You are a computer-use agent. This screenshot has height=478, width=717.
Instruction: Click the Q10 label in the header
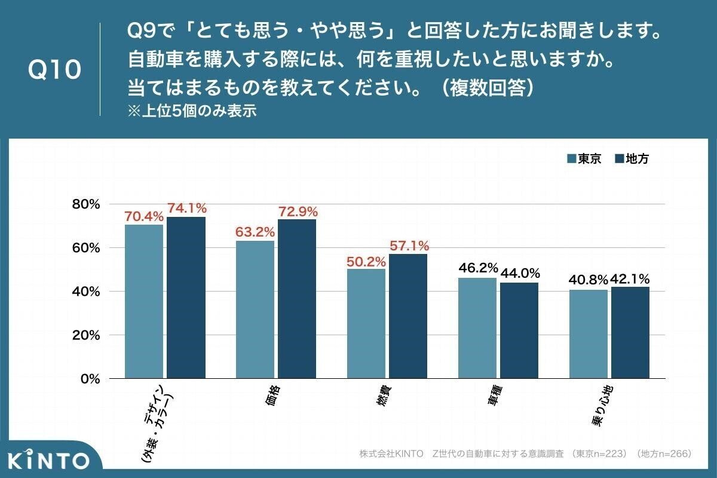coord(54,70)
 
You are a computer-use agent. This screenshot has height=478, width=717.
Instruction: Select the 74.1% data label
coord(187,209)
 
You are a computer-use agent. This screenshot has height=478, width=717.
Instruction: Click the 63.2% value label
coord(255,232)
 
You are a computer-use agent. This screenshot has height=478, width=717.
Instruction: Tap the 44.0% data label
coord(520,274)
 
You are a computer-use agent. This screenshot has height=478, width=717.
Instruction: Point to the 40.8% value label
coord(588,280)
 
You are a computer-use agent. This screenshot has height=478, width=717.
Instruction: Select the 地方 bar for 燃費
coord(408,316)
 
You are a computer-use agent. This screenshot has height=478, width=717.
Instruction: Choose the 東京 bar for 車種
coord(477,328)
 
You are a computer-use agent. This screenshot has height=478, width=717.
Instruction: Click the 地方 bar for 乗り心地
coord(630,333)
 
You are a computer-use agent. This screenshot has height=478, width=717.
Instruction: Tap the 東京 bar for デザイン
coord(144,302)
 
